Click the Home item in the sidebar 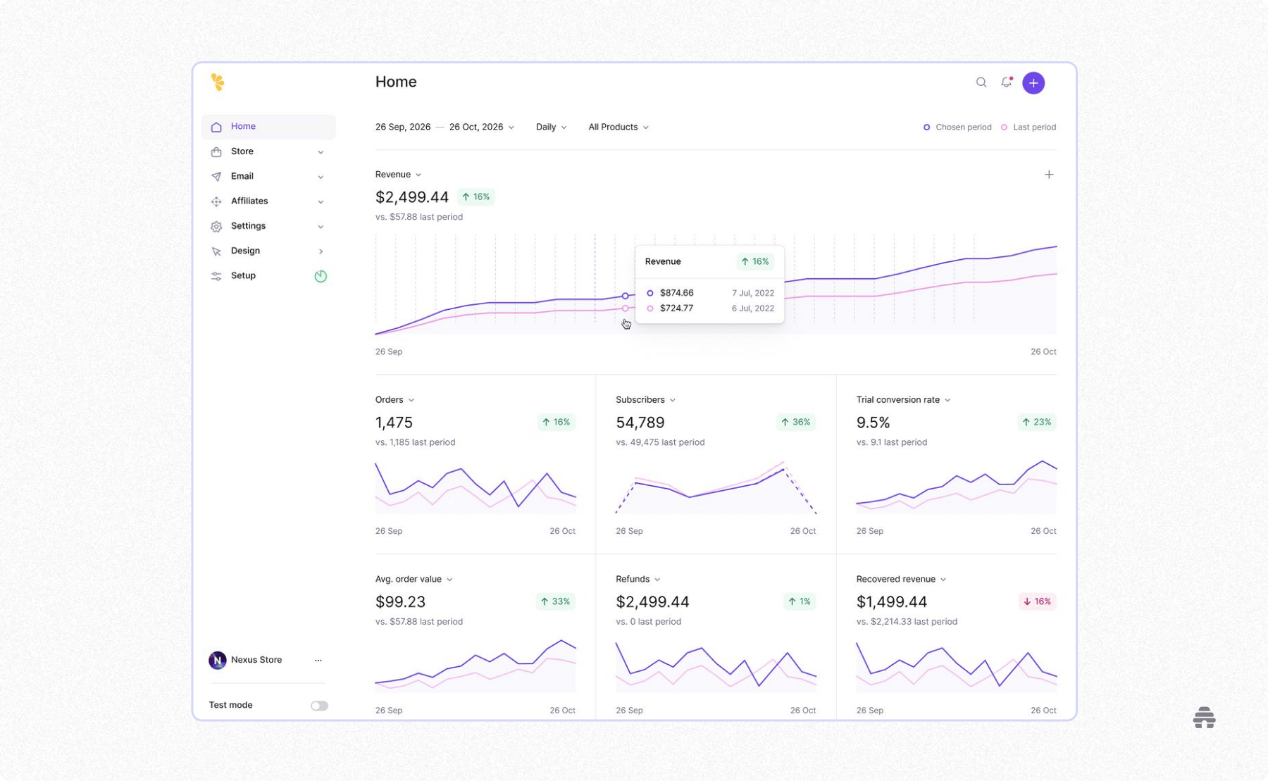243,127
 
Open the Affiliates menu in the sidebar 249,201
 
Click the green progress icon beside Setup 321,276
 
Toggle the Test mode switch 319,706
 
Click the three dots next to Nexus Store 318,661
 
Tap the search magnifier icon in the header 981,82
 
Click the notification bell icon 1006,82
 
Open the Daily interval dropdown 551,127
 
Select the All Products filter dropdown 618,127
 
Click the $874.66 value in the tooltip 676,293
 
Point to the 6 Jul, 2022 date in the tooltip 752,308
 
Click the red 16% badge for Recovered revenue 1037,601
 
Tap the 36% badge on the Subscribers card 795,423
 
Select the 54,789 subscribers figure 640,423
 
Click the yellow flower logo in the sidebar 218,82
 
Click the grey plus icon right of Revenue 1048,175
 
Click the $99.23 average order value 400,602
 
